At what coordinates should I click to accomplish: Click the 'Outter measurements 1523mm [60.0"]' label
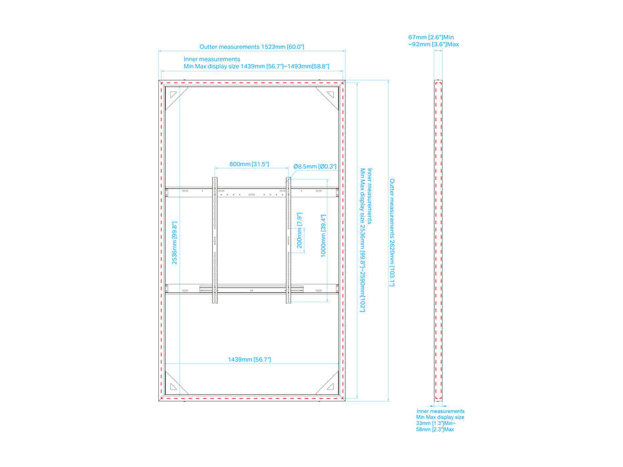(x=252, y=47)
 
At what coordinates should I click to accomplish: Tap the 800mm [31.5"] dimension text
(x=249, y=164)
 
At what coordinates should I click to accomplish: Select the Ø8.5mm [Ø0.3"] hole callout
(x=315, y=166)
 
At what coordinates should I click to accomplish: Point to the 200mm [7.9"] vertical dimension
(x=300, y=230)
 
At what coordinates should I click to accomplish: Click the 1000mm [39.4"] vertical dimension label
(x=323, y=236)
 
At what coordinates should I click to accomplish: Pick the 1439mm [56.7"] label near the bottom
(x=249, y=360)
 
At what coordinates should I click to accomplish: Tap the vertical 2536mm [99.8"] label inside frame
(x=174, y=243)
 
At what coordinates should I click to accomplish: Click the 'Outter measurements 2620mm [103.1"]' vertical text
(x=392, y=232)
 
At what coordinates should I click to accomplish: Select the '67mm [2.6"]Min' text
(x=431, y=37)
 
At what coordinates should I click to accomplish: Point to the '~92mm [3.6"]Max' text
(x=433, y=44)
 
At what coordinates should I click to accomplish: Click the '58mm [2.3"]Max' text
(x=435, y=429)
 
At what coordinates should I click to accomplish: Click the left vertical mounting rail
(x=215, y=240)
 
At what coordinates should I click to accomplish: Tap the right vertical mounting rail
(x=288, y=240)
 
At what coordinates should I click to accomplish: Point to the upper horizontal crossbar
(x=252, y=192)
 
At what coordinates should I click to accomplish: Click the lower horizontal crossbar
(x=252, y=289)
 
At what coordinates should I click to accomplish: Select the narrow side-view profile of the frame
(x=438, y=241)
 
